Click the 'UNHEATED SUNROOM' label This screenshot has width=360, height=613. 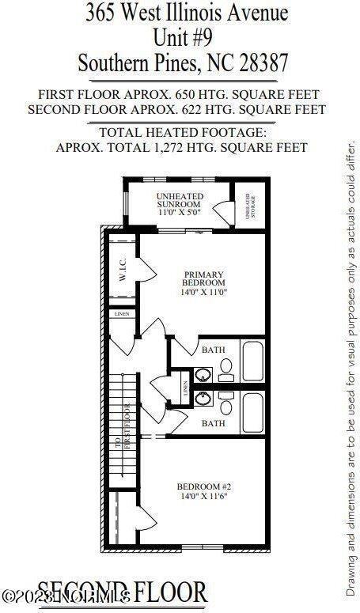(180, 200)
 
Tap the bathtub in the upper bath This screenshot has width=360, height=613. (253, 360)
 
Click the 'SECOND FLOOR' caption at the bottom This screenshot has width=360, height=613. (123, 592)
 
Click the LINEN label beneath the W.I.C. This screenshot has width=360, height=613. (121, 314)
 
